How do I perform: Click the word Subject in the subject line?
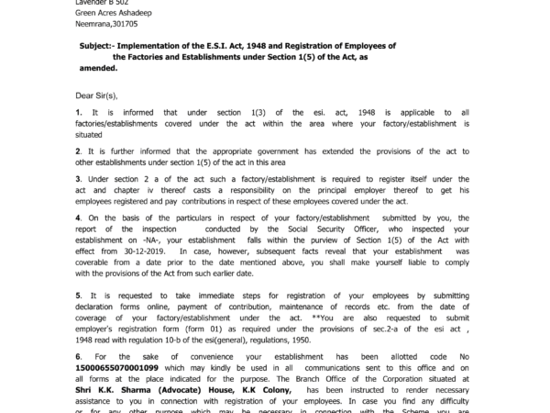(98, 45)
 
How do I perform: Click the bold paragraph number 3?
(80, 179)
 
